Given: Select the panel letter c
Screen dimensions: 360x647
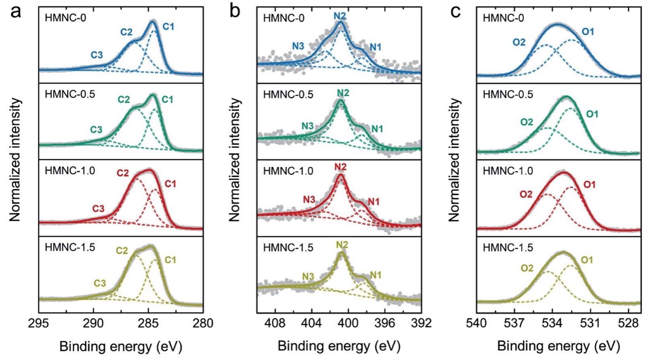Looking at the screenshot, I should pos(455,12).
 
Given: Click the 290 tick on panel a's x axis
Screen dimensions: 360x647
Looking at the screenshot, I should pos(93,323).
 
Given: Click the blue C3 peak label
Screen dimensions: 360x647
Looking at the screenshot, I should pos(97,55).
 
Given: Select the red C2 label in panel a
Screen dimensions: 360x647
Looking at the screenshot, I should pos(123,173).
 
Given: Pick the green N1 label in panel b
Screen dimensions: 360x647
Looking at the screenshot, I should pos(377,129).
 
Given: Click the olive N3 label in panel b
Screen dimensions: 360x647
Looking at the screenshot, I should pos(308,276).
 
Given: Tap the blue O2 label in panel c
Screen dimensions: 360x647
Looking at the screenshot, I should pos(519,42).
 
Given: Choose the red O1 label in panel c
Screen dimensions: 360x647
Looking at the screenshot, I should pos(589,185).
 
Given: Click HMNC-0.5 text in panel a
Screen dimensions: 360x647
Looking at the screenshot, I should pos(70,95).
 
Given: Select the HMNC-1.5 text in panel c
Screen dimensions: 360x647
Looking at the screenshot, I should pos(508,247).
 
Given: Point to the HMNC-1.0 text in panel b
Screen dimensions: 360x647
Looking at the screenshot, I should pos(288,171).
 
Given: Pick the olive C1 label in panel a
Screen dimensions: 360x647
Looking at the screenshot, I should pos(170,260).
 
